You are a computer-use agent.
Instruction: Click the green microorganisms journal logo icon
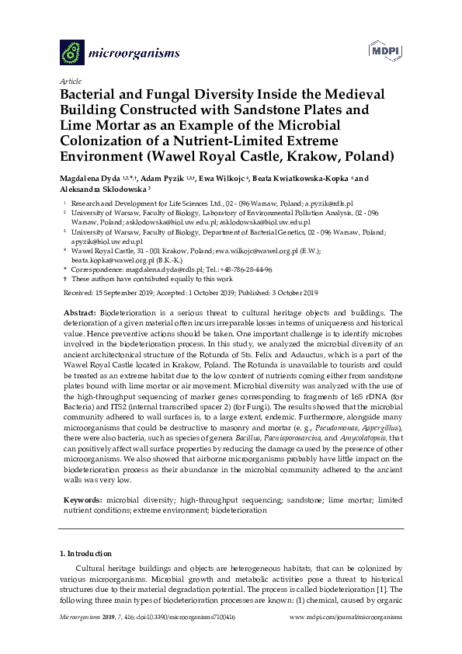pyautogui.click(x=72, y=52)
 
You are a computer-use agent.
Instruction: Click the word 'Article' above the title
pyautogui.click(x=70, y=80)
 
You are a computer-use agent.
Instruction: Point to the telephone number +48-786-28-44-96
pyautogui.click(x=243, y=270)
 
